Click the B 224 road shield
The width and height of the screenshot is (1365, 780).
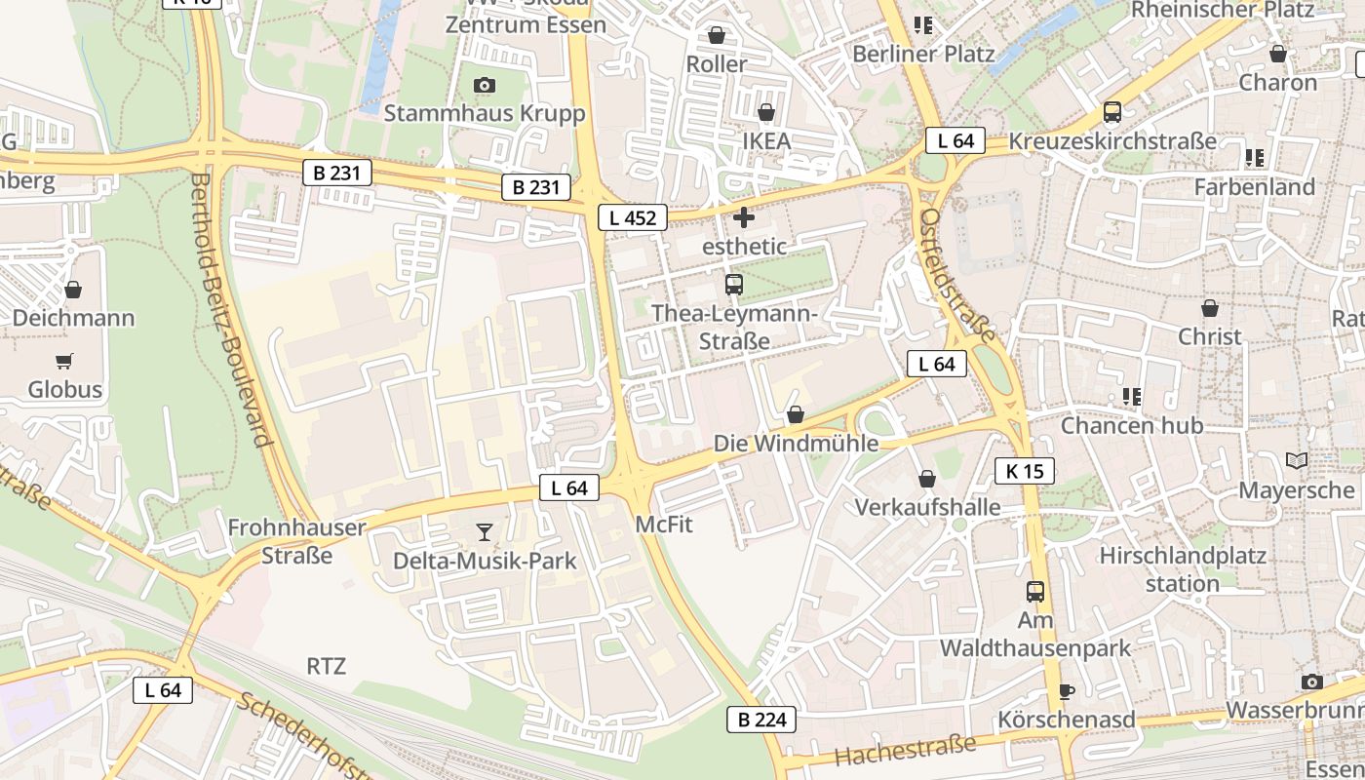[x=761, y=721]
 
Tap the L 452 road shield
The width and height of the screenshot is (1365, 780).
[x=633, y=217]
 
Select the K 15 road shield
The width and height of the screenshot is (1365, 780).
[x=1025, y=472]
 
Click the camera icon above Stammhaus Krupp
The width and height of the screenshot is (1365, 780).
[x=485, y=86]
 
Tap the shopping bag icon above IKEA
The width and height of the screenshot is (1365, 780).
[x=766, y=113]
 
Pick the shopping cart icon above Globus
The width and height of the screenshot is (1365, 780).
[x=64, y=362]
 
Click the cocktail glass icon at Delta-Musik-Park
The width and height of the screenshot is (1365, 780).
[x=485, y=532]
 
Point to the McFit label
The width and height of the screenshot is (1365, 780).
[x=664, y=525]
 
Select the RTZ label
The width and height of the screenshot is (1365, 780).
[x=327, y=667]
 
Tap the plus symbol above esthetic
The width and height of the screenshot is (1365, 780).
[x=744, y=217]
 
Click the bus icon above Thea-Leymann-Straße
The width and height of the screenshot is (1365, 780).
[x=734, y=285]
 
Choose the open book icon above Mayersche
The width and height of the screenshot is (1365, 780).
[x=1297, y=461]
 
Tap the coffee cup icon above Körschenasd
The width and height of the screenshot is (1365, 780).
[x=1067, y=691]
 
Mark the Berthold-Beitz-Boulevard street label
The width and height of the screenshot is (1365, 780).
[x=231, y=310]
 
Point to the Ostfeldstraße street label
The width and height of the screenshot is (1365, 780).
[x=958, y=275]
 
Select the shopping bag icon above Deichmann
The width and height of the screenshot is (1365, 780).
[x=73, y=290]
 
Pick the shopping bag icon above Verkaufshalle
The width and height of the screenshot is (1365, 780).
[x=927, y=479]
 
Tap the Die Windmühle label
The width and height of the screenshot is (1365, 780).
[x=796, y=444]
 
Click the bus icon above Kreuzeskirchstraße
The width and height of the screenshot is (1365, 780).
[x=1112, y=112]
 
